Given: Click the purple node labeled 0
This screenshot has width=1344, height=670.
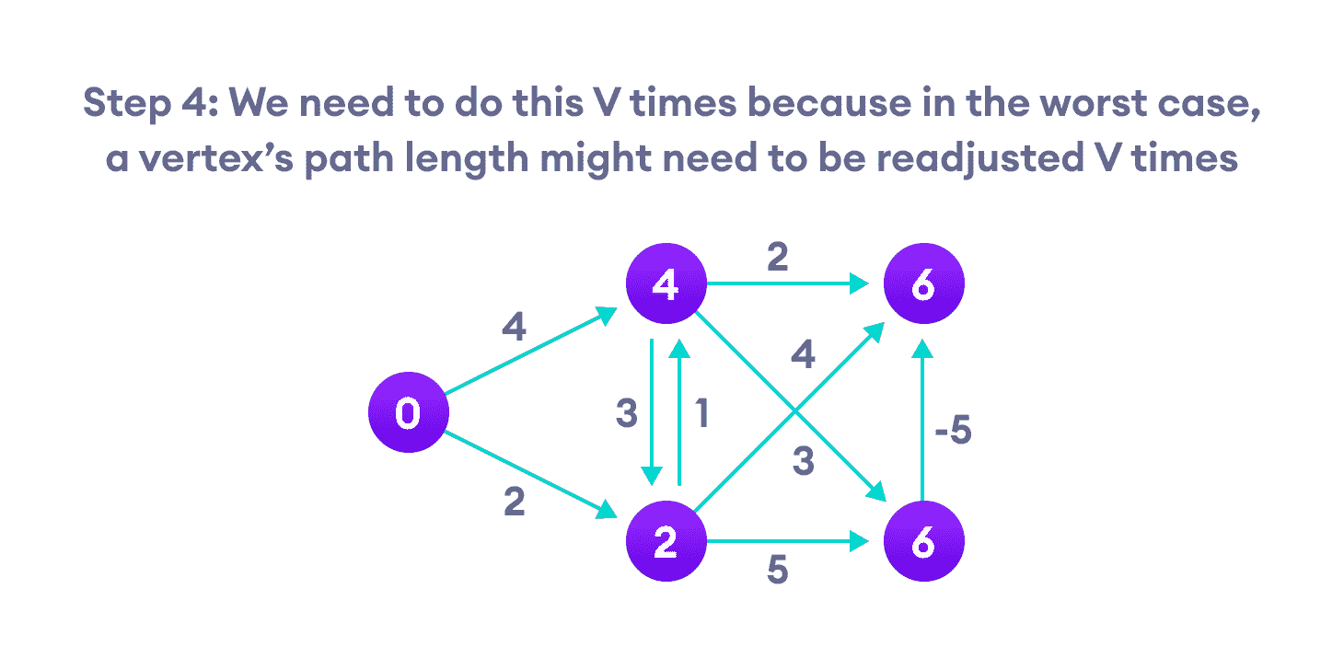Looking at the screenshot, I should pyautogui.click(x=407, y=413).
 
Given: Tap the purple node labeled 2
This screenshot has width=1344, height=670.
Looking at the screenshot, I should pyautogui.click(x=665, y=543).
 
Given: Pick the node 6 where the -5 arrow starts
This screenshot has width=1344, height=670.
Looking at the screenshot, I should pyautogui.click(x=923, y=543).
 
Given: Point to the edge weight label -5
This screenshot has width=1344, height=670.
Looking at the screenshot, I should pyautogui.click(x=952, y=431).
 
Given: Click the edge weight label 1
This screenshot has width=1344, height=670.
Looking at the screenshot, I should pyautogui.click(x=701, y=415).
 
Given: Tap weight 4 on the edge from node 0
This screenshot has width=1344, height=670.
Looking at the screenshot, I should pyautogui.click(x=514, y=327).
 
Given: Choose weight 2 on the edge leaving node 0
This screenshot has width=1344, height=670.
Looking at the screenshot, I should pyautogui.click(x=514, y=502).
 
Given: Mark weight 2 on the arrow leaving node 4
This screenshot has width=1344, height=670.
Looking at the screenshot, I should pyautogui.click(x=777, y=259).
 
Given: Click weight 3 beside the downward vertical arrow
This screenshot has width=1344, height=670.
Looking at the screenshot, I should pyautogui.click(x=627, y=415).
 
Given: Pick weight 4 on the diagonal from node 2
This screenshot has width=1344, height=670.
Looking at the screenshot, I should pyautogui.click(x=803, y=355).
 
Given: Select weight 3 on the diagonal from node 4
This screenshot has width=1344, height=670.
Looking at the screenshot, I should pyautogui.click(x=803, y=463).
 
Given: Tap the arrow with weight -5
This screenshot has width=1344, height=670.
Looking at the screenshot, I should pyautogui.click(x=923, y=423).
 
